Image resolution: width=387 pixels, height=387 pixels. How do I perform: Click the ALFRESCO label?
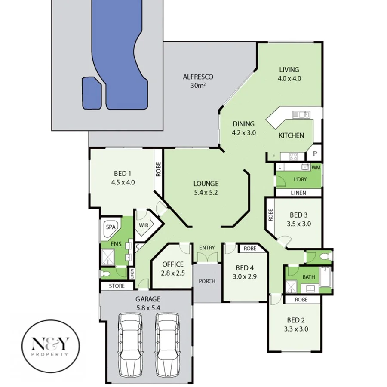[x=198, y=81]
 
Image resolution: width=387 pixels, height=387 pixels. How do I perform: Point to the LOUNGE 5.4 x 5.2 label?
[x=206, y=188]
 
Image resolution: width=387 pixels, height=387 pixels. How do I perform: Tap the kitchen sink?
[x=301, y=114]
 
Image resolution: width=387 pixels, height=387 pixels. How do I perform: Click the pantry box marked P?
[x=315, y=154]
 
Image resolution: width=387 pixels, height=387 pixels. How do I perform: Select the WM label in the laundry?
[x=316, y=167]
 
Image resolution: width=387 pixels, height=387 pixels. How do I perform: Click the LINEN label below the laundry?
[x=298, y=193]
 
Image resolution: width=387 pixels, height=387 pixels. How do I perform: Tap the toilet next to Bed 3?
[x=324, y=257]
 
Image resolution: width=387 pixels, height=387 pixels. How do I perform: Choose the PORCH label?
[x=207, y=282]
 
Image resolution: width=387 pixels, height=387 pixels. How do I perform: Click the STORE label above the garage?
[x=117, y=286]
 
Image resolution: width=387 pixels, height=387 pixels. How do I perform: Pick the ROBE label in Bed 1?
[x=158, y=169]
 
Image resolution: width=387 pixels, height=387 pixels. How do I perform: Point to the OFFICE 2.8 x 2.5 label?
[x=173, y=268]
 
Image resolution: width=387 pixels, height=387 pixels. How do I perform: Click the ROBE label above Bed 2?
[x=301, y=300]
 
